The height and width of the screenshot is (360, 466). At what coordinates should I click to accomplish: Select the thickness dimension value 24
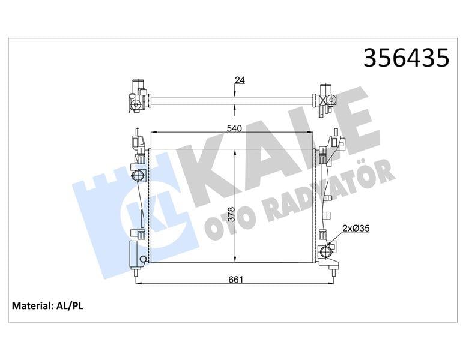point(240,80)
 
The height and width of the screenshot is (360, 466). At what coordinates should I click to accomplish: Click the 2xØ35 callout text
point(356,227)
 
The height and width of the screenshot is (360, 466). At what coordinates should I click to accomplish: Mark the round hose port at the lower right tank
point(329,250)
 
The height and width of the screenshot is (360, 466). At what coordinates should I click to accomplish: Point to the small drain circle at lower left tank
point(143,259)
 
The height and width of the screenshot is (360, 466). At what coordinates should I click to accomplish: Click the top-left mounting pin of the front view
point(138,133)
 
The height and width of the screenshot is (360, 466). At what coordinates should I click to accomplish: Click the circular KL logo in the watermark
point(141,215)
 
